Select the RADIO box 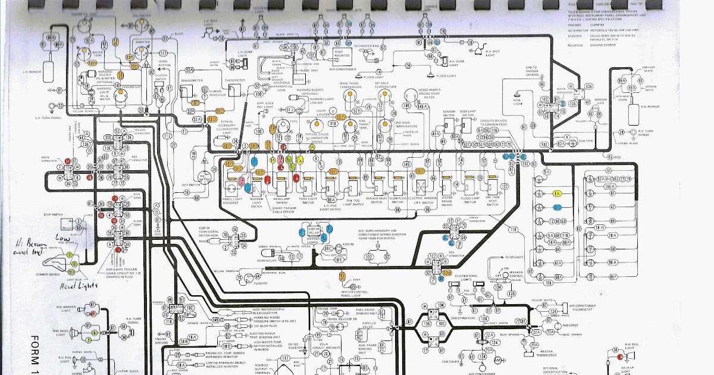point(299,79)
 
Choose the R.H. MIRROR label point(638,105)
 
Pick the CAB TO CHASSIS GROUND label point(531,72)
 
